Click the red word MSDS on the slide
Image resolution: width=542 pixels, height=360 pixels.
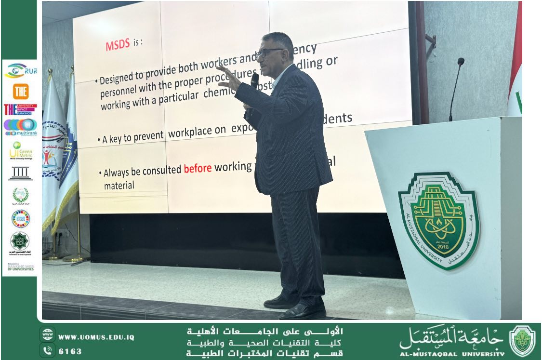coord(118,45)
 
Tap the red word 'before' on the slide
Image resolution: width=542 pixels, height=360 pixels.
coord(198,169)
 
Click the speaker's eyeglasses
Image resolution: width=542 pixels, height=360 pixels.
coord(270,52)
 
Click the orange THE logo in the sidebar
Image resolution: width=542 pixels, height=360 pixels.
coord(20,91)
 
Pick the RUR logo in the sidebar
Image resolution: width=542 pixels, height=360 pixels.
coord(20,71)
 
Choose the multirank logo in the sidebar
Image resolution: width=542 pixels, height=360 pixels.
coord(20,127)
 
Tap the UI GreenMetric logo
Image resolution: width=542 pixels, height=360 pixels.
coord(20,150)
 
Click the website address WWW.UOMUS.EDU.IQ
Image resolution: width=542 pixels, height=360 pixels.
coord(96,337)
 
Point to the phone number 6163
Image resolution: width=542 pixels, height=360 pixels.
coord(70,351)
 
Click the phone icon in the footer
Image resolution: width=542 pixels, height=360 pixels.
coord(47,351)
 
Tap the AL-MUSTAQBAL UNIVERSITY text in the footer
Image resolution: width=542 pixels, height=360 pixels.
coord(452,354)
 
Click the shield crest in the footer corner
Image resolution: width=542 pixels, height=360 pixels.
coord(522,341)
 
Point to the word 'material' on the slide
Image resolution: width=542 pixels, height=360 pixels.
coord(119,185)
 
